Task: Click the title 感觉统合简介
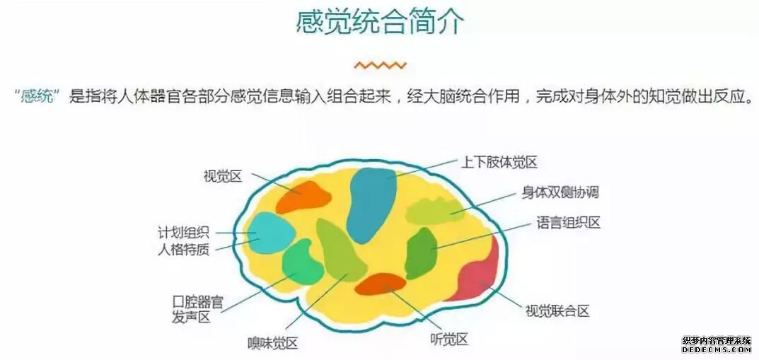pyautogui.click(x=380, y=22)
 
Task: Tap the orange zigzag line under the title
pyautogui.click(x=380, y=65)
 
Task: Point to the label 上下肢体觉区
pyautogui.click(x=499, y=162)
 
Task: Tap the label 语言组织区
pyautogui.click(x=568, y=223)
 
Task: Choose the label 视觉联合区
pyautogui.click(x=557, y=310)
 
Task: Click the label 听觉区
pyautogui.click(x=448, y=339)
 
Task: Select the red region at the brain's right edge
pyautogui.click(x=477, y=274)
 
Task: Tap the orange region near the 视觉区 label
pyautogui.click(x=303, y=197)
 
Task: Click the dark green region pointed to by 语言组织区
pyautogui.click(x=422, y=253)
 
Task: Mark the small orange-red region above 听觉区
pyautogui.click(x=381, y=284)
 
